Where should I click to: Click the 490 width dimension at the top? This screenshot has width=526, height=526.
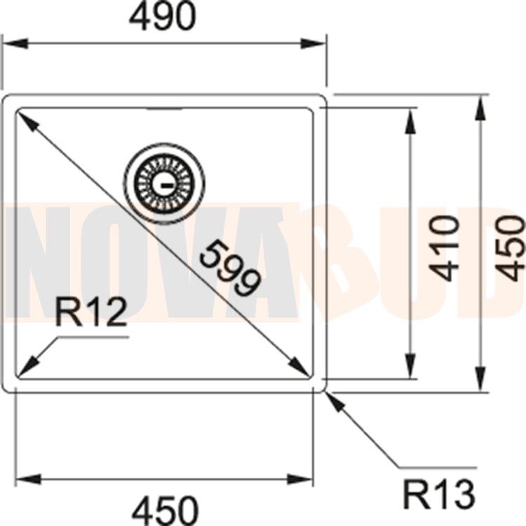[x=162, y=18]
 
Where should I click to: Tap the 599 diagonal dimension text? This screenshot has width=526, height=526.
[x=229, y=267]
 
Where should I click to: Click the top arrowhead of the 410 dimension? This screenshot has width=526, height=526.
[x=410, y=118]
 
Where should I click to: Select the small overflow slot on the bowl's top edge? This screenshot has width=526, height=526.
[x=163, y=110]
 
